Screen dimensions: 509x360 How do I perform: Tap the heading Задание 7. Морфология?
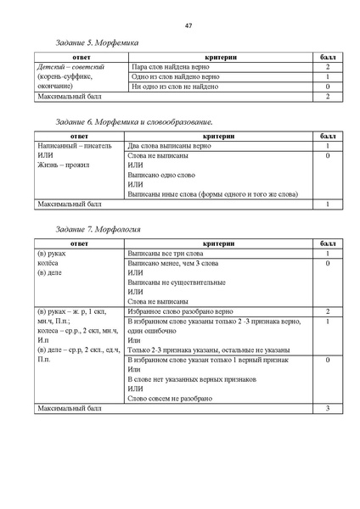coord(96,230)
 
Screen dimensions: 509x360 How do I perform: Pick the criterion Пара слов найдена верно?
coord(168,65)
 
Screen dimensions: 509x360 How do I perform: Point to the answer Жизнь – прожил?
coord(64,167)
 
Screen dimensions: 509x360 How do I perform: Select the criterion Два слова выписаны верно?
coord(167,146)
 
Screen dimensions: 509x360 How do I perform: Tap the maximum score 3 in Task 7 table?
coord(327,410)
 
